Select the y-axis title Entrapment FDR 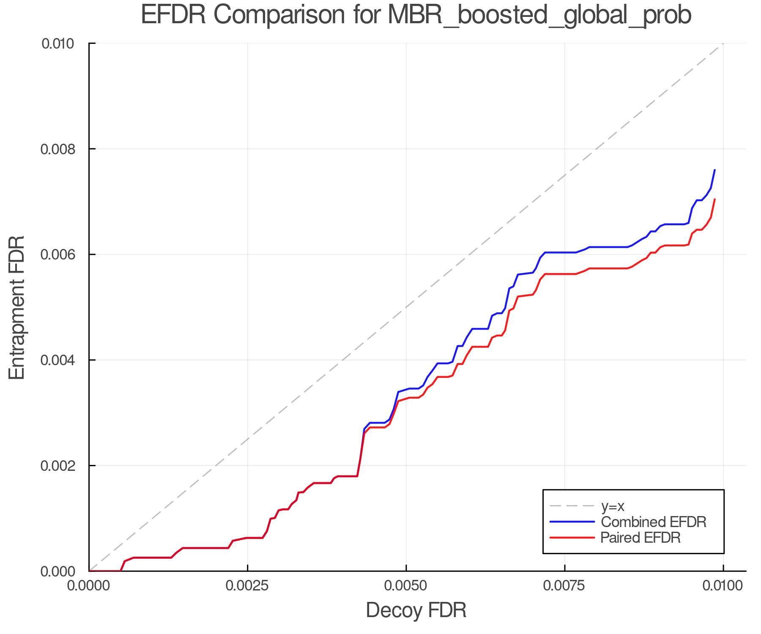click(17, 307)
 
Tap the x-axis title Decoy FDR click(416, 610)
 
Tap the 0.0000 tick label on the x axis click(89, 586)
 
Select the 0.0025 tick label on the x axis click(247, 586)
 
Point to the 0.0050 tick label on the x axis click(406, 586)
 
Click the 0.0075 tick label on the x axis click(565, 586)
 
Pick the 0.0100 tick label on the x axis click(723, 586)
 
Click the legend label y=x click(613, 506)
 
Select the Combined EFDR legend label click(653, 522)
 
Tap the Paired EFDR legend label click(641, 538)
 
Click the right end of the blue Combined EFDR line click(714, 170)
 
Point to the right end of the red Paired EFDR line click(714, 199)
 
